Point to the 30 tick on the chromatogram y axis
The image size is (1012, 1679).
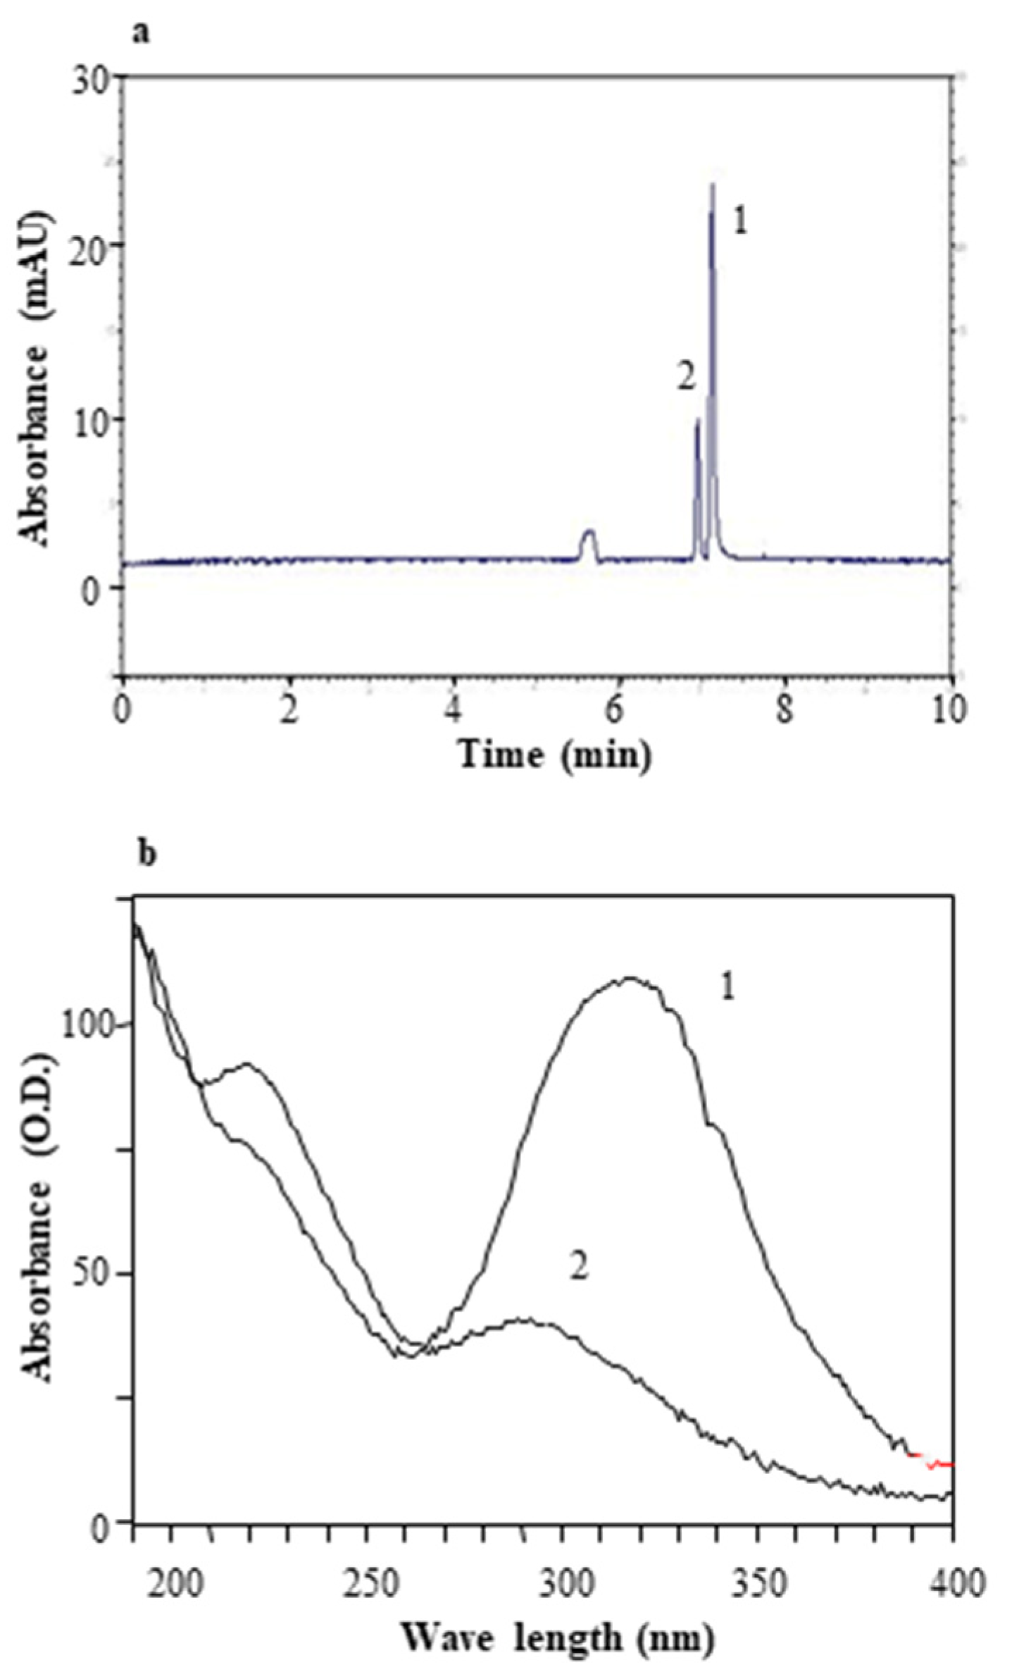point(98,75)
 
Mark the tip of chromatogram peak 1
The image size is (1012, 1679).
point(713,185)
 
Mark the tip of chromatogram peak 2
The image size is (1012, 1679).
point(697,420)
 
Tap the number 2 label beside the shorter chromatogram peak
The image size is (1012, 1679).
point(685,378)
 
